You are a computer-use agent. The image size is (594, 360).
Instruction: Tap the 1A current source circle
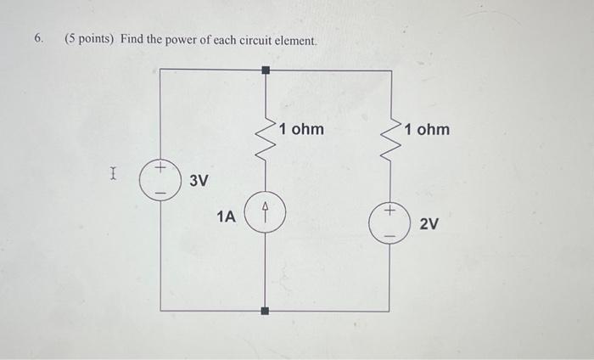266,211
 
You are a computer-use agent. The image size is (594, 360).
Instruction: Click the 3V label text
199,181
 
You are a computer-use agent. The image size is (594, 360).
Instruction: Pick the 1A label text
226,217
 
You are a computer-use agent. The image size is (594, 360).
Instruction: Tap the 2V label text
429,224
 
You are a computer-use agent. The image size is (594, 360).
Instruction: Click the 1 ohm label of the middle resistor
301,130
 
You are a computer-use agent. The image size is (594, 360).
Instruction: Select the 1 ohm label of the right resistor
427,130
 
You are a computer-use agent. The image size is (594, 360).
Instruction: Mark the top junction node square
266,70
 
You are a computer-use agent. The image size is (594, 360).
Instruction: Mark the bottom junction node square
266,311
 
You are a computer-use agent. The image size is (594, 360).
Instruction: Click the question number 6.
38,39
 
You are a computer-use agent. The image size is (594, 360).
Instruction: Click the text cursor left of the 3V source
112,175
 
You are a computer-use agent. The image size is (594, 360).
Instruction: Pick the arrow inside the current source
266,211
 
